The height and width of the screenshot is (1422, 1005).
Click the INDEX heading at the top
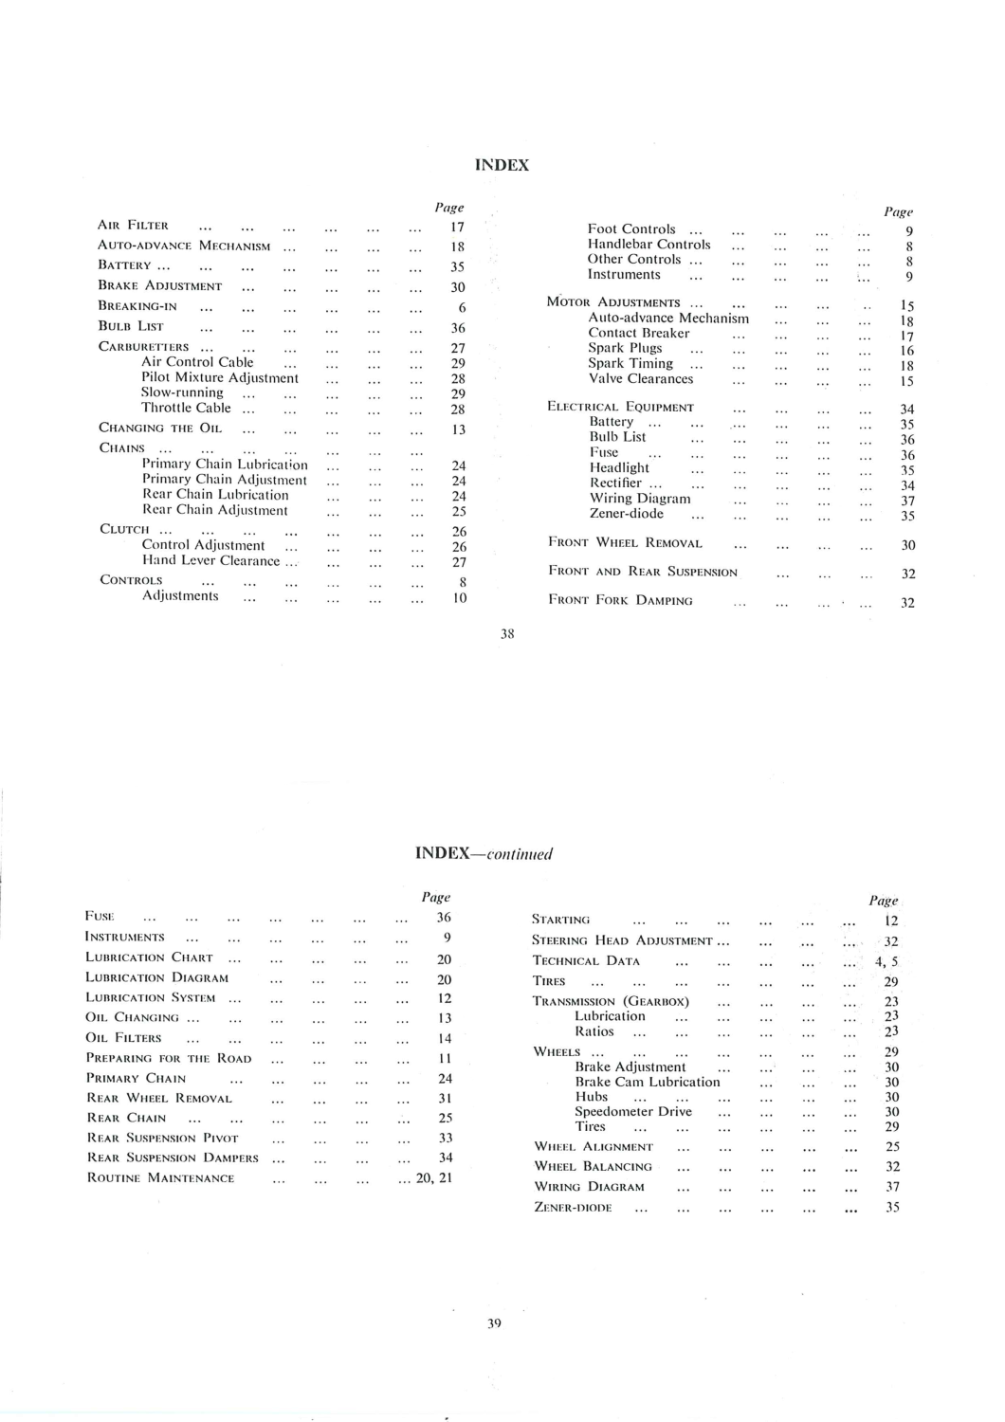tap(502, 165)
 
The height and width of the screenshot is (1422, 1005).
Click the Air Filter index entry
tap(134, 226)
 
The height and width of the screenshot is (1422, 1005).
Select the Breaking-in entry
tap(137, 306)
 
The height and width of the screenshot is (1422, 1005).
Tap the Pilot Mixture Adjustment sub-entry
tap(220, 377)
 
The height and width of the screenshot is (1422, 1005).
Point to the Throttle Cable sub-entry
tap(186, 408)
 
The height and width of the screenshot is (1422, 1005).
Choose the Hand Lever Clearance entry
tap(210, 560)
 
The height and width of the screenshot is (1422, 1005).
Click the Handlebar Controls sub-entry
tap(649, 244)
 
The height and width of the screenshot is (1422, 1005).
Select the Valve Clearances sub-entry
tap(641, 378)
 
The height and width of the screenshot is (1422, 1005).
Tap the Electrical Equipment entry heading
tap(621, 407)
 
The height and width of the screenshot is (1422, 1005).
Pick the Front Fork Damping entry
tap(620, 600)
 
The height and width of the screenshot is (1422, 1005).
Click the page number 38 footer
tap(507, 633)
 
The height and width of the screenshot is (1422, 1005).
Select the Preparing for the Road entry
tap(169, 1058)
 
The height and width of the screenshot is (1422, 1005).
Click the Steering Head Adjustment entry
tap(622, 940)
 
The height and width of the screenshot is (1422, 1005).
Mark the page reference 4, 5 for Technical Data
tap(886, 961)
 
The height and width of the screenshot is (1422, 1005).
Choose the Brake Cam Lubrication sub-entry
tap(648, 1082)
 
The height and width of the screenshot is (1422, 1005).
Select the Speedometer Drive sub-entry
tap(633, 1111)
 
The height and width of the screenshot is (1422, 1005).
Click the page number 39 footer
tap(494, 1323)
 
